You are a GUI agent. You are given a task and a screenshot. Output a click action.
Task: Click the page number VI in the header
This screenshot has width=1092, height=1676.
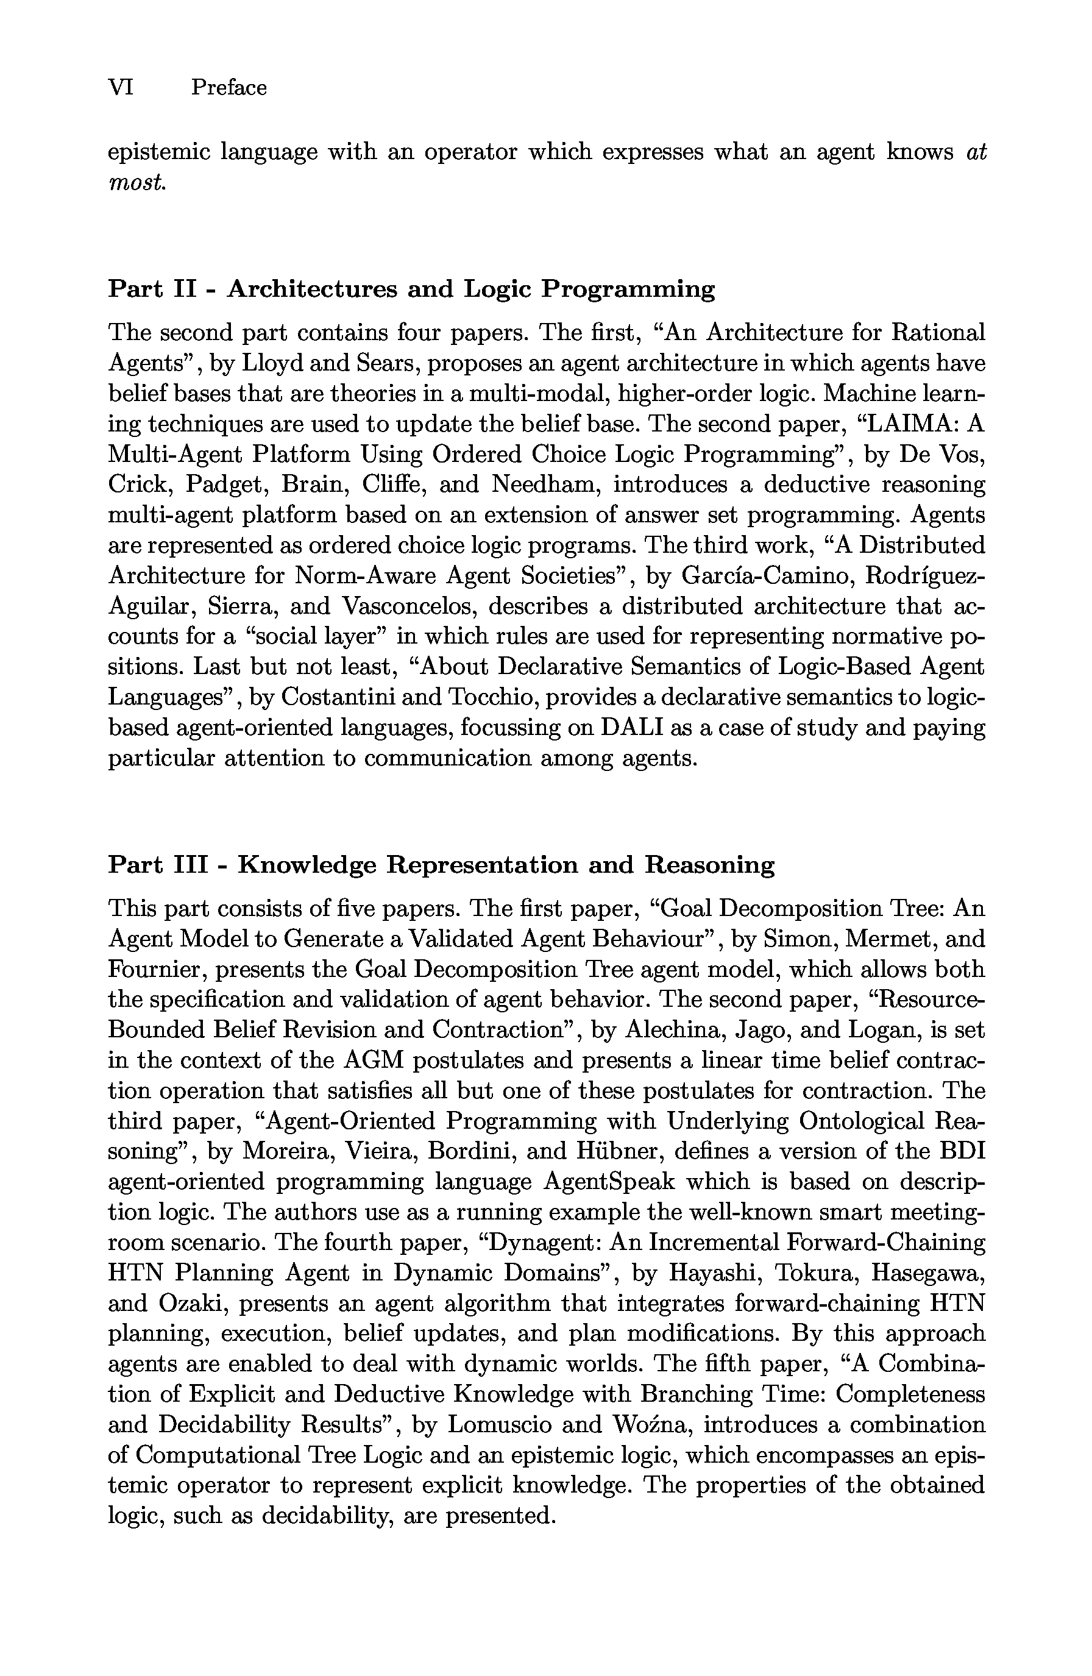click(121, 88)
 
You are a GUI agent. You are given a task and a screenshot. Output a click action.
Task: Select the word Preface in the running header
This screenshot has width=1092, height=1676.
click(229, 88)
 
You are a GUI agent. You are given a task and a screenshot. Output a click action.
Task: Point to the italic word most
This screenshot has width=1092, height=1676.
click(137, 183)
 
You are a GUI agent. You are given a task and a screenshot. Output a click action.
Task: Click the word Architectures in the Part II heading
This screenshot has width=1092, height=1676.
click(312, 289)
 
